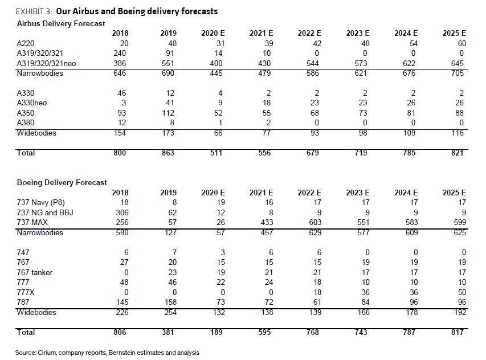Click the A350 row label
[x=26, y=113]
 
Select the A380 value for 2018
[x=122, y=122]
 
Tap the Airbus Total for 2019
[x=168, y=153]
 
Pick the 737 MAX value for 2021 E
[x=267, y=222]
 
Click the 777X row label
[x=26, y=292]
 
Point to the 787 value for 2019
[x=170, y=302]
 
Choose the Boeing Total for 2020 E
[x=216, y=332]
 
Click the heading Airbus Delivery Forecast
[x=61, y=23]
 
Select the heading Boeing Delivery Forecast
[x=62, y=182]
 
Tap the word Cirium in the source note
[x=47, y=353]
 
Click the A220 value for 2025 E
[x=462, y=43]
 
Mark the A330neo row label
[x=32, y=103]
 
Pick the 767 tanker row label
[x=35, y=272]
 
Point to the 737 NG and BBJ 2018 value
[x=122, y=212]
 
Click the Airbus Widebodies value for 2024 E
[x=409, y=133]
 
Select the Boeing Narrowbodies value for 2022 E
[x=315, y=232]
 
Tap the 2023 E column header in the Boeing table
[x=358, y=193]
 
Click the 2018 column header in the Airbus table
[x=120, y=33]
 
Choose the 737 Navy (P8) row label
[x=40, y=203]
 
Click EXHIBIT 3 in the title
[x=34, y=11]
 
